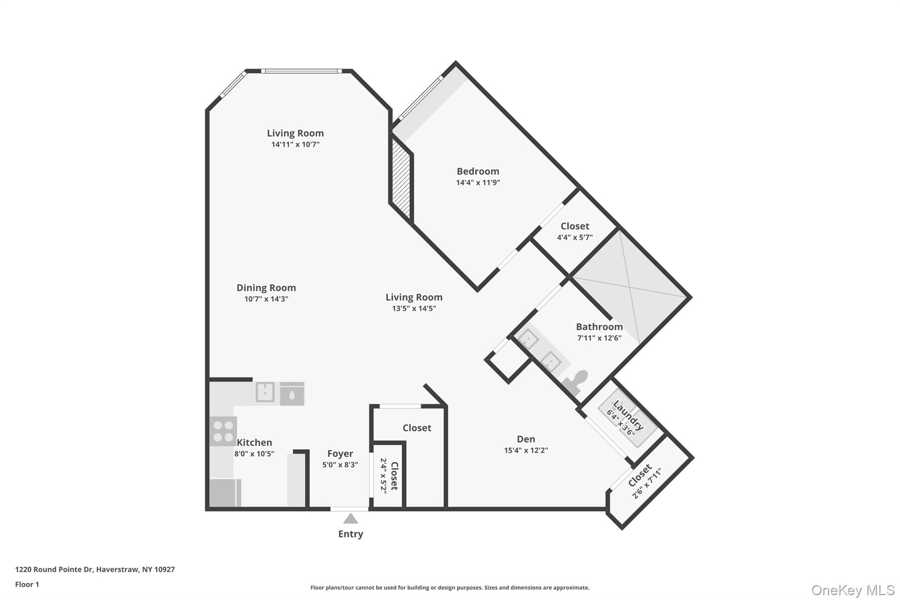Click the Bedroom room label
(x=478, y=171)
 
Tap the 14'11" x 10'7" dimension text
(x=295, y=145)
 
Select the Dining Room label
(x=266, y=288)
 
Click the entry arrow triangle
(x=350, y=519)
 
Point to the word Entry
(x=350, y=534)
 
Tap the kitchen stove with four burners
(x=223, y=431)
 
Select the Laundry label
(x=628, y=415)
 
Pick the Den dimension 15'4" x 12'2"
(x=526, y=451)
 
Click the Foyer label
(x=340, y=454)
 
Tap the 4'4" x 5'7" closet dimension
(x=574, y=238)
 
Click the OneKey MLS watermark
(x=853, y=590)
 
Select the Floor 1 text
(x=27, y=585)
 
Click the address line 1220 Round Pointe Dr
(x=95, y=570)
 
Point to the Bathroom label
(x=599, y=327)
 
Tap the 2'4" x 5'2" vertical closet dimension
(x=383, y=476)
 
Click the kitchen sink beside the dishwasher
(x=265, y=392)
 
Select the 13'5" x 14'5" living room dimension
(x=414, y=309)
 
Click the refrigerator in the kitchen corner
(x=225, y=493)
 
